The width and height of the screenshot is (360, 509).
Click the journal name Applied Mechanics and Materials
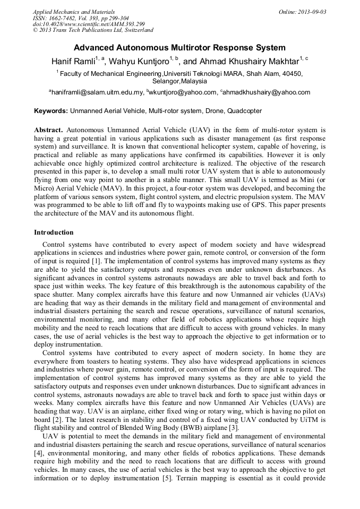74,12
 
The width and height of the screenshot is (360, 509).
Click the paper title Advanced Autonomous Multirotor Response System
179,48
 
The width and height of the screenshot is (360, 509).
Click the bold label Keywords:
51,111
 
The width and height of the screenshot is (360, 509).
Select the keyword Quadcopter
245,111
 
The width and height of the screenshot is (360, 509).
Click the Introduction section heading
54,232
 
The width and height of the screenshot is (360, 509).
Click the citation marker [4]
39,443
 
